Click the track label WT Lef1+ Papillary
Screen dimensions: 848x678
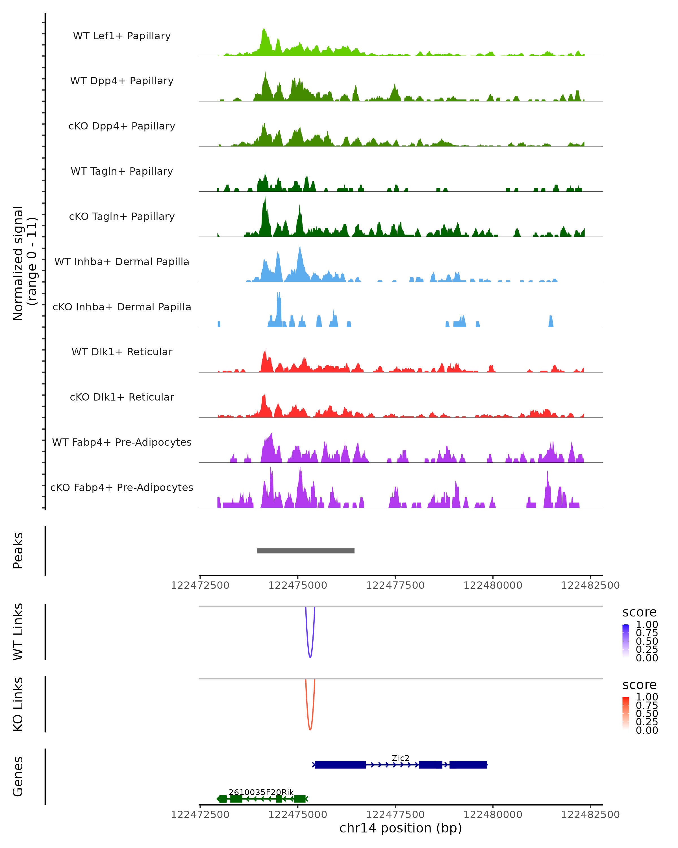[x=122, y=36]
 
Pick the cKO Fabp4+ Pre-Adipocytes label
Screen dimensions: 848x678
[x=122, y=487]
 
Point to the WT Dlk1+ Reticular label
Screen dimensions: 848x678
[x=122, y=352]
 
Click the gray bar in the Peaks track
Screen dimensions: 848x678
[x=305, y=551]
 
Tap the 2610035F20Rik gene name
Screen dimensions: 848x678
[x=261, y=792]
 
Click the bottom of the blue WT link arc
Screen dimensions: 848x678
[x=310, y=657]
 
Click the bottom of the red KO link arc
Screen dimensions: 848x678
[x=310, y=730]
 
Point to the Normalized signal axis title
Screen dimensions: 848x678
[x=24, y=263]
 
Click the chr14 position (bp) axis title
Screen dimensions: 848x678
[x=401, y=828]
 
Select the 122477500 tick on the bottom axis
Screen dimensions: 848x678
[x=395, y=815]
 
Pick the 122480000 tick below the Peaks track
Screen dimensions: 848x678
[x=493, y=585]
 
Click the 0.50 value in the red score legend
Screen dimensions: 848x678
[x=647, y=713]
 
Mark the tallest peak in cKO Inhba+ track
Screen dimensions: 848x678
[x=278, y=293]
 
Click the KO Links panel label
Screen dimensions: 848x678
[x=18, y=704]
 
